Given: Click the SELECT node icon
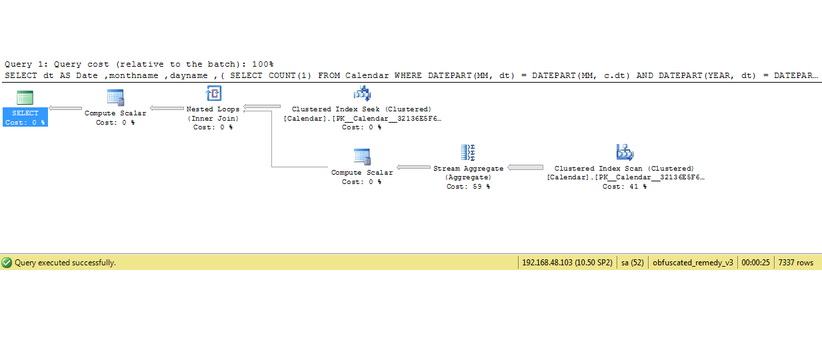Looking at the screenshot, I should coord(25,97).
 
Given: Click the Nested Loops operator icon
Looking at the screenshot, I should coord(213,94).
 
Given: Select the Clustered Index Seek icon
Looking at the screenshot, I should coord(362,94).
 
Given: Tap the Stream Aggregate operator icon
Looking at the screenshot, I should coord(468,153).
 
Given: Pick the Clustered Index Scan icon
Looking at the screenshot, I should coord(625,153).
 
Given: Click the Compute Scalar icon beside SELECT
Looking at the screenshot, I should coord(115,97).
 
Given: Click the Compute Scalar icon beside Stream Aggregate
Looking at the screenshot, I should coord(362,157).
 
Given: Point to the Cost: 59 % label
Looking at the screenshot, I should coord(468,187).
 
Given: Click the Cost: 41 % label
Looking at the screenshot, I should coord(624,187).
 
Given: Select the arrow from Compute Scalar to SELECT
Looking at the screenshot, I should coord(65,109).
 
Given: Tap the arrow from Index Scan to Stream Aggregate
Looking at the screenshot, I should coord(525,167).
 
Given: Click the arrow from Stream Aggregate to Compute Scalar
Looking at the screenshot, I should coord(413,167).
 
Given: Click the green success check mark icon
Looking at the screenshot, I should coord(7,263).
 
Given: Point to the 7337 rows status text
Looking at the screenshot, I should coord(795,263).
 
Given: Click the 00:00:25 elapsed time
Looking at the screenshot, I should coord(755,263).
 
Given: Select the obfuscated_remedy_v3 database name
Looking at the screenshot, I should coord(693,263).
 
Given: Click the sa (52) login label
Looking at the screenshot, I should coord(632,263).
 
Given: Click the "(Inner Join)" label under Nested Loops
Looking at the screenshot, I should coord(213,118).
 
